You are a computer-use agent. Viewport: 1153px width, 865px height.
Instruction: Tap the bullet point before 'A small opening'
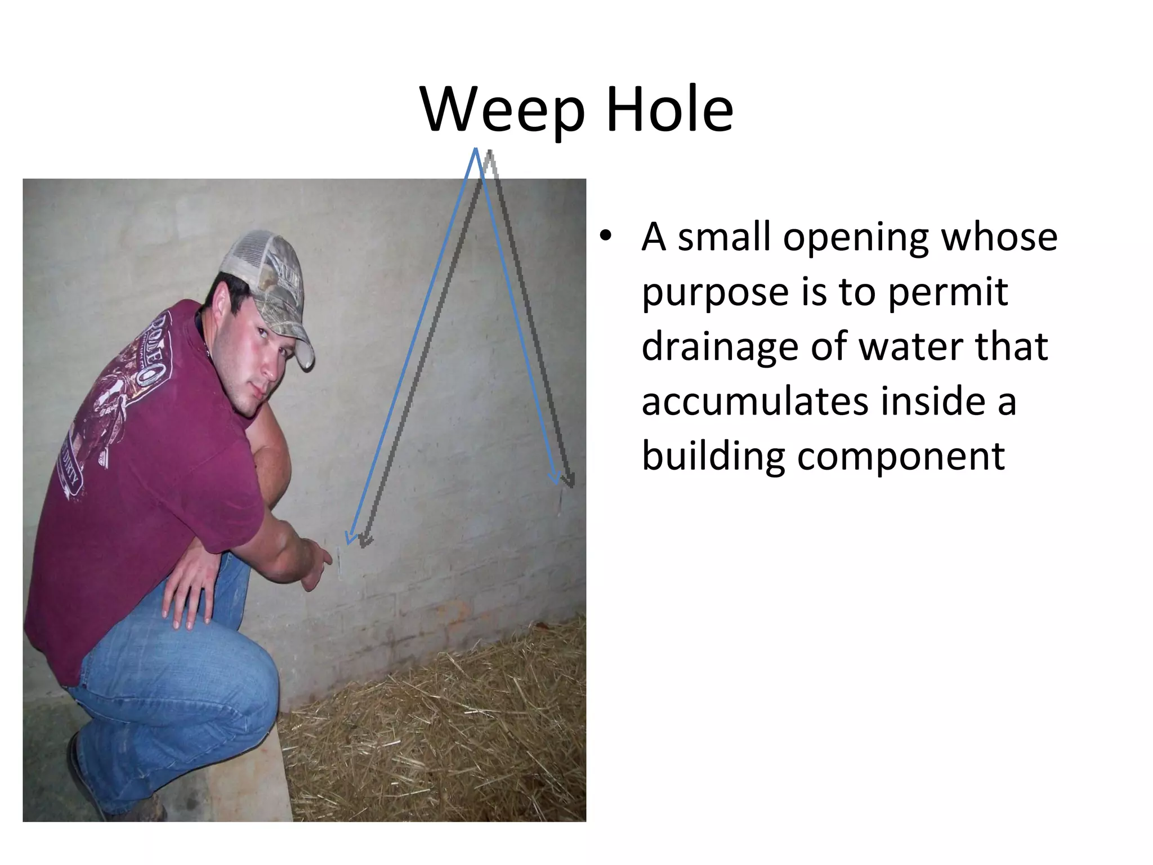[605, 236]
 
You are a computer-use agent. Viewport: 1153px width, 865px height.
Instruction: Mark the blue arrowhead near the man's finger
[351, 538]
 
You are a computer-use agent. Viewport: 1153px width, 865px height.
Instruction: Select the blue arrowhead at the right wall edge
[555, 478]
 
